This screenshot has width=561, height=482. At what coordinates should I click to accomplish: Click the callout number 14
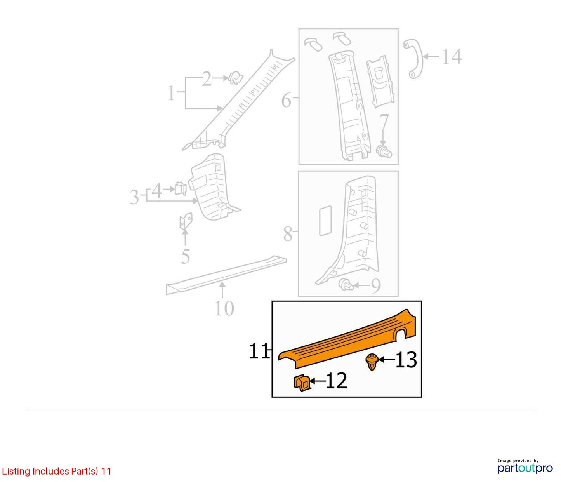452,57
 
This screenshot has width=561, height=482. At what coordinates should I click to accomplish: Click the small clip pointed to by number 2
235,78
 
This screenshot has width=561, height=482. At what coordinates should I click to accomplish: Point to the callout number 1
171,93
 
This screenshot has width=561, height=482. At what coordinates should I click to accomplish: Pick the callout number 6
287,100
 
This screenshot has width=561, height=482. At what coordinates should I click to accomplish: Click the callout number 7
384,122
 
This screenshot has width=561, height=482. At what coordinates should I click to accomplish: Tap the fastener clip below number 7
384,151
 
